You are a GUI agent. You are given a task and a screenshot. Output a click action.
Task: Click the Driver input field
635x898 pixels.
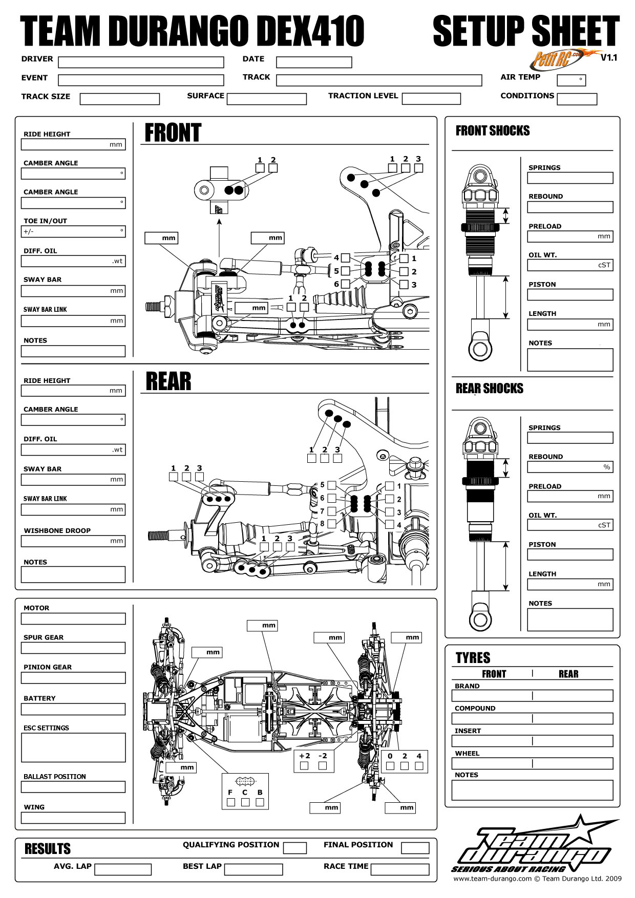point(141,62)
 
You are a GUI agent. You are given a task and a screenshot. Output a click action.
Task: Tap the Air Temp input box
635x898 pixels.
point(571,80)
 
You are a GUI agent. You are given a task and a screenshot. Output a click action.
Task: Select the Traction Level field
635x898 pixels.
point(431,99)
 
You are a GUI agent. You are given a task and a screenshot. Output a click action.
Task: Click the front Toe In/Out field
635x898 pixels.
point(73,232)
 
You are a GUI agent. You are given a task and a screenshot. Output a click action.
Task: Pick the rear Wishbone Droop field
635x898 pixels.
point(73,541)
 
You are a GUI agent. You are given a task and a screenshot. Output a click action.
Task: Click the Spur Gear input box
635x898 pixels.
point(73,648)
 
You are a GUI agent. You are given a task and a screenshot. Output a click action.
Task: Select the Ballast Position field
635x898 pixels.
point(73,787)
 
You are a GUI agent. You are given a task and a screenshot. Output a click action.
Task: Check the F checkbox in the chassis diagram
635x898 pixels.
point(230,802)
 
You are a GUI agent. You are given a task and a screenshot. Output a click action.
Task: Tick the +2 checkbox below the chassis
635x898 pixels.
point(304,766)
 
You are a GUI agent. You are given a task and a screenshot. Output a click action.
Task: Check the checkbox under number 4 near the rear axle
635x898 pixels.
point(419,766)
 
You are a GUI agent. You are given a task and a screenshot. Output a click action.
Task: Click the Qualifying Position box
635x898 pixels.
point(294,848)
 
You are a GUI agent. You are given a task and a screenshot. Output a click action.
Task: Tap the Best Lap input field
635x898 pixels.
point(253,869)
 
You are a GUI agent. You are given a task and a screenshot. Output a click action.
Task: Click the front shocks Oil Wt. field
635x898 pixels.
point(570,265)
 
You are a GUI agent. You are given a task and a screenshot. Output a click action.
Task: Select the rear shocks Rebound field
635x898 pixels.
point(570,467)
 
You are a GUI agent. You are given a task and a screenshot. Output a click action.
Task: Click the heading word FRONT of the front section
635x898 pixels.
point(173,133)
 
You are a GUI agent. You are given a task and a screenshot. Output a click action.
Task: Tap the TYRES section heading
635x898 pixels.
point(473,658)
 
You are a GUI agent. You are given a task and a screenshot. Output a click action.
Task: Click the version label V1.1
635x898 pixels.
point(609,57)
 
